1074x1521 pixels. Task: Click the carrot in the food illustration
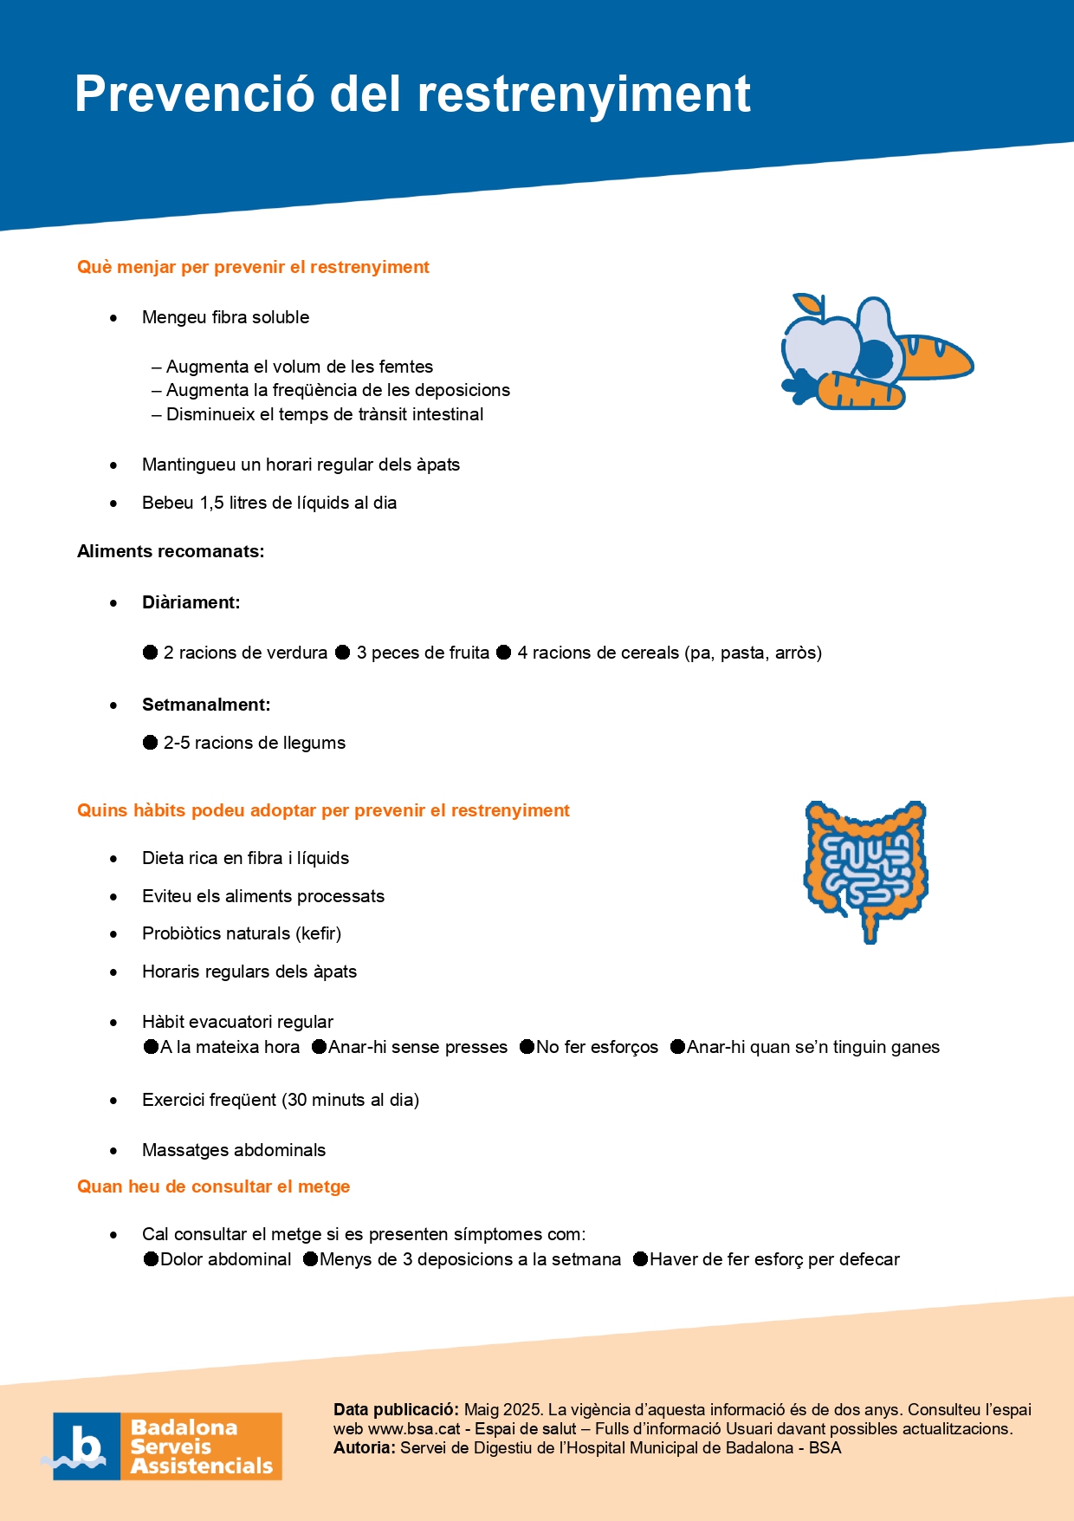[x=857, y=392]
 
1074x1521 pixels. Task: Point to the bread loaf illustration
[x=935, y=355]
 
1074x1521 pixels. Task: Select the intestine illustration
[x=866, y=867]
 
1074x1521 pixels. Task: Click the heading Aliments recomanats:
[x=171, y=552]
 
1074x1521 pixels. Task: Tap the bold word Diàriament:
[x=191, y=603]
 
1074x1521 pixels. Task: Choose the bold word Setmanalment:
[x=206, y=705]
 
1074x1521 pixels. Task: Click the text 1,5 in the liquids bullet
[x=212, y=504]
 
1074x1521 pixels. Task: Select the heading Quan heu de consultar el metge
[x=213, y=1187]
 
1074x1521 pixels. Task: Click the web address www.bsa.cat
[x=414, y=1429]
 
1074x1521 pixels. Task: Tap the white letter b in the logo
[x=86, y=1445]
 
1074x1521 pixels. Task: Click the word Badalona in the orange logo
[x=184, y=1427]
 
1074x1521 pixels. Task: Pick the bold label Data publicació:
[x=396, y=1410]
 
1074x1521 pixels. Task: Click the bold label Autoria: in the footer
[x=365, y=1448]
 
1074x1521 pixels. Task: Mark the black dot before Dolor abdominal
[x=152, y=1259]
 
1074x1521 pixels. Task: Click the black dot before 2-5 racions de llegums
[x=150, y=743]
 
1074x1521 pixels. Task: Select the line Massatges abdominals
[x=234, y=1151]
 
